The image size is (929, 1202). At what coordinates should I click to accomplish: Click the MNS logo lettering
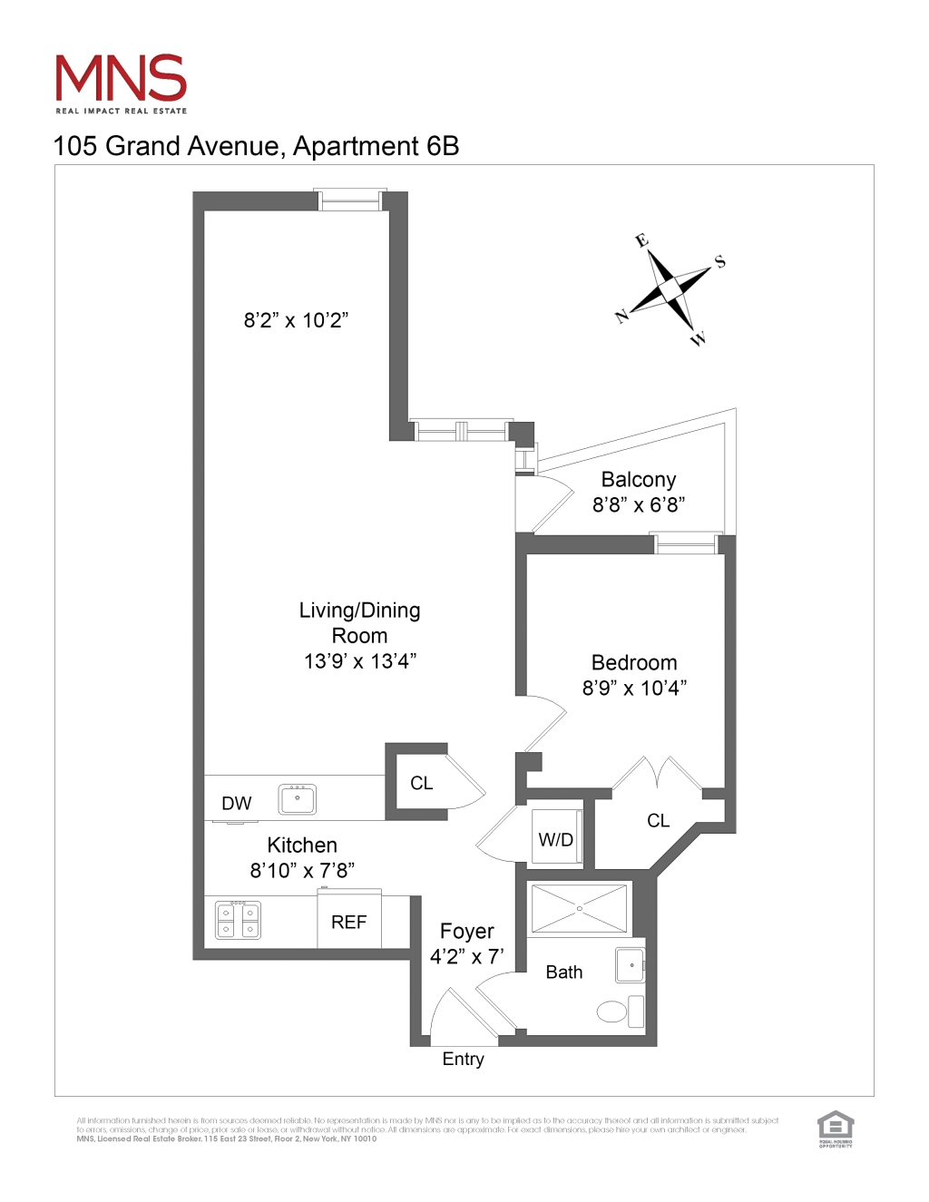[121, 79]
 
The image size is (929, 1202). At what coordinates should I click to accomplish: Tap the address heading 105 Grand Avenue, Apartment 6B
[257, 146]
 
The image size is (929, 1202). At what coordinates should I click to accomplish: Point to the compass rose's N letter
[622, 316]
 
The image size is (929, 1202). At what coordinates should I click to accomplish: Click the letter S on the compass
[720, 261]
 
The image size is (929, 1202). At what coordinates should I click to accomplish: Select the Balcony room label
[639, 480]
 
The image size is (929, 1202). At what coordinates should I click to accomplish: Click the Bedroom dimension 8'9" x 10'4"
[634, 689]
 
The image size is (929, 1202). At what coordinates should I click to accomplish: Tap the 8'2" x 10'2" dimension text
[296, 320]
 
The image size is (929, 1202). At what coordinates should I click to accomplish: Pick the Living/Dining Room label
[359, 622]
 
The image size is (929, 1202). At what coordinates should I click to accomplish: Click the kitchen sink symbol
[298, 799]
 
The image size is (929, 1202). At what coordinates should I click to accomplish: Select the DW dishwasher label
[237, 804]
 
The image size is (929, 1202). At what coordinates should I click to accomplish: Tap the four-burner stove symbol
[238, 920]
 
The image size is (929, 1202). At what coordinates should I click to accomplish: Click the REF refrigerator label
[348, 923]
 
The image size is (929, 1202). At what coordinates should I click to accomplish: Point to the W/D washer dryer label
[556, 840]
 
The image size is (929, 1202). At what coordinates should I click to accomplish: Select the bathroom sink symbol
[630, 966]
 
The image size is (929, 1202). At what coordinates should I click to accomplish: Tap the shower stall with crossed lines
[580, 908]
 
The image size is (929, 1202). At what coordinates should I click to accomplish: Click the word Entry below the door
[463, 1060]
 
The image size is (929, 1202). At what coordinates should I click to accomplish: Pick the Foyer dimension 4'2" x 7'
[466, 957]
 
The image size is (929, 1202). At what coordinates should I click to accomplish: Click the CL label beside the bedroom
[658, 821]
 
